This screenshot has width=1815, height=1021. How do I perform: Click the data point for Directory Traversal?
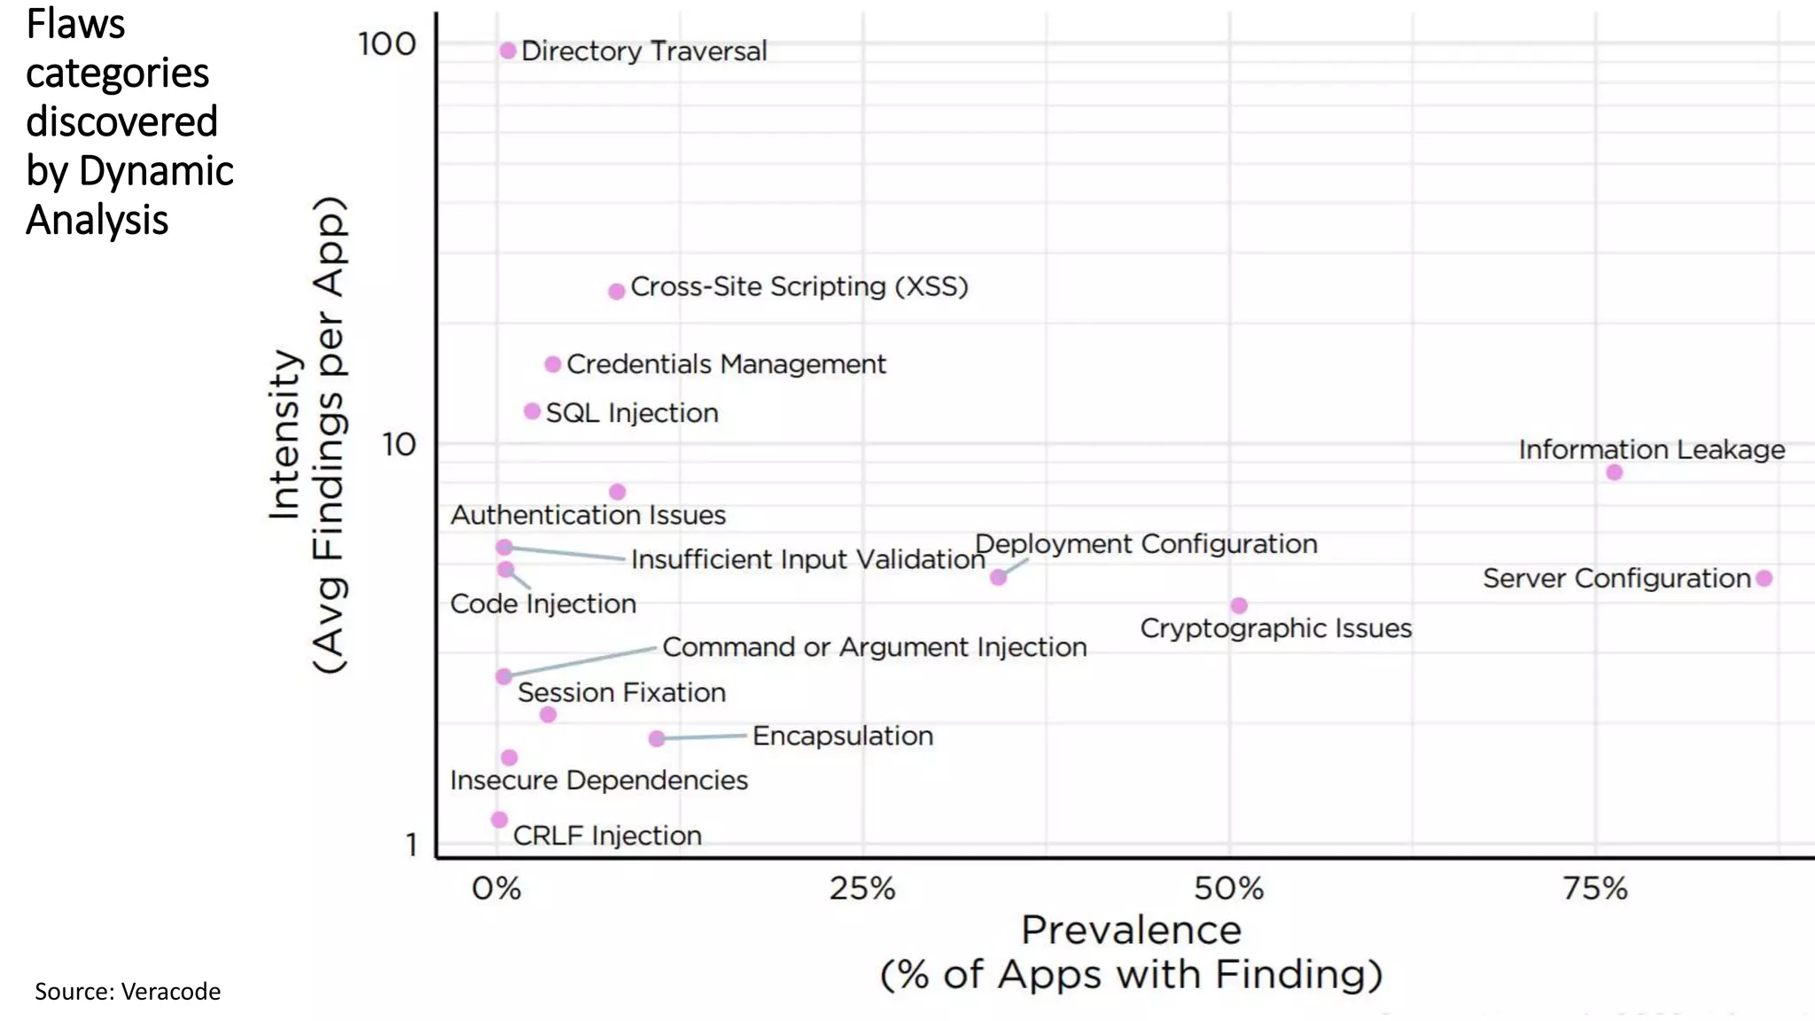[508, 51]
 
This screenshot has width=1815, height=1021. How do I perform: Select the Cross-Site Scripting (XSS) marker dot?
[617, 292]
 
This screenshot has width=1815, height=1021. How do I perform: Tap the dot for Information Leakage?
[1614, 472]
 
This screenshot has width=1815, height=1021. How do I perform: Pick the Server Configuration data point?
[1764, 579]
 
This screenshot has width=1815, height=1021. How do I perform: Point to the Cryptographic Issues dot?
[1239, 605]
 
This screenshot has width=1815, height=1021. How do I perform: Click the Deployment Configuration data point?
[998, 577]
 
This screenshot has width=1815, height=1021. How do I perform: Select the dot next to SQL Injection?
[532, 411]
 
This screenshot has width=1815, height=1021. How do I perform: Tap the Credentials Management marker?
[552, 364]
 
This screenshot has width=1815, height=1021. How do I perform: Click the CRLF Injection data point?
[499, 820]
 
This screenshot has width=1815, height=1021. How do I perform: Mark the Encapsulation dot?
[656, 738]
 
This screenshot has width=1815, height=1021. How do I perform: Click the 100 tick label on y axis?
[386, 44]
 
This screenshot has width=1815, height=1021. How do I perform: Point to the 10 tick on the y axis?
[398, 445]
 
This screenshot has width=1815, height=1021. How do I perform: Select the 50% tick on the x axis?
[1228, 888]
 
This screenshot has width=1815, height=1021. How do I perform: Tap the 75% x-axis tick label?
[1594, 888]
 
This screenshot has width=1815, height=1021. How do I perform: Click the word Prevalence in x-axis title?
[1131, 931]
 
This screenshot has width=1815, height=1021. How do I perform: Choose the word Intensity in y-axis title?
[285, 434]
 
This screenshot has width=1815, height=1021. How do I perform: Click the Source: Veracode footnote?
[128, 991]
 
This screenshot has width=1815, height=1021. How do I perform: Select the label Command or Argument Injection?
[874, 647]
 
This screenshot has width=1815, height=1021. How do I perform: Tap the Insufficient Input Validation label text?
[807, 559]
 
